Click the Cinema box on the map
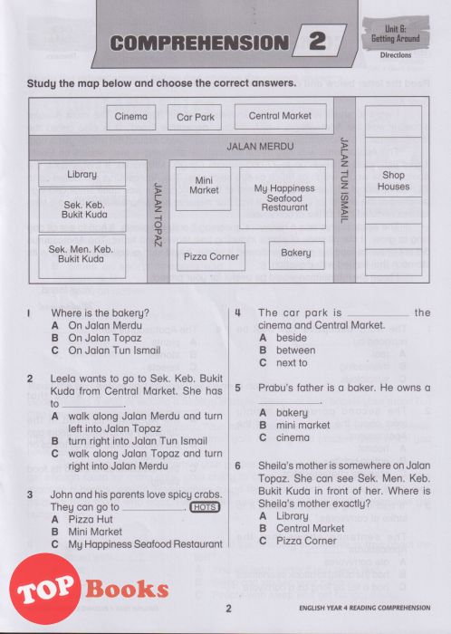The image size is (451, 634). (131, 117)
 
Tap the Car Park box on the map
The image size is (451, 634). (195, 117)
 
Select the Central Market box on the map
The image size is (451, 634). (281, 117)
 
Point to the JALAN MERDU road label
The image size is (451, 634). (260, 146)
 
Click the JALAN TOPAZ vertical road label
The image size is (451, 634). (158, 215)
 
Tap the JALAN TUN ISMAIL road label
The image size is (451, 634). (343, 180)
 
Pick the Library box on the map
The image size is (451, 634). (82, 174)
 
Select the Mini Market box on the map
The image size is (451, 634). (203, 188)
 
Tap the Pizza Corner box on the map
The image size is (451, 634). (211, 256)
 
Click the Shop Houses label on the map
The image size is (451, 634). (393, 181)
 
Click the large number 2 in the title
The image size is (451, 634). (317, 42)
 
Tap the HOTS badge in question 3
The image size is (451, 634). (205, 507)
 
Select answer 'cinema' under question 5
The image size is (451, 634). (284, 437)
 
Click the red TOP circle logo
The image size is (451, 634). (45, 589)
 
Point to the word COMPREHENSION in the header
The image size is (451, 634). (199, 43)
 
